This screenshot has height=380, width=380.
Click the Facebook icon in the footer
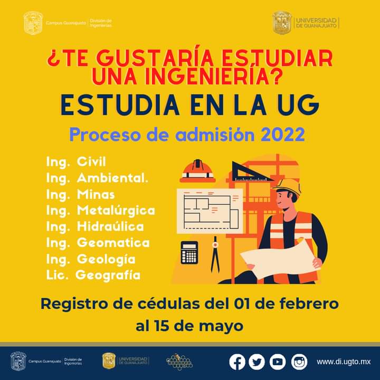(x=237, y=362)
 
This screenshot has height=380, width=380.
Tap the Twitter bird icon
(x=257, y=362)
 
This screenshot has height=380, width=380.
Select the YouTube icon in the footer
(x=278, y=362)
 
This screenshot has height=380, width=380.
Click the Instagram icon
(x=299, y=362)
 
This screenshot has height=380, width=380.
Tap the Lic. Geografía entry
(x=93, y=275)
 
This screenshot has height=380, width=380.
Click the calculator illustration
(x=189, y=253)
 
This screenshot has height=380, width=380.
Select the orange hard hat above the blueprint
(x=197, y=170)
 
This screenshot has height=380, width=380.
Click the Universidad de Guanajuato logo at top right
(x=306, y=23)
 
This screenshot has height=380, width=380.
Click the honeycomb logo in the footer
(x=179, y=361)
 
